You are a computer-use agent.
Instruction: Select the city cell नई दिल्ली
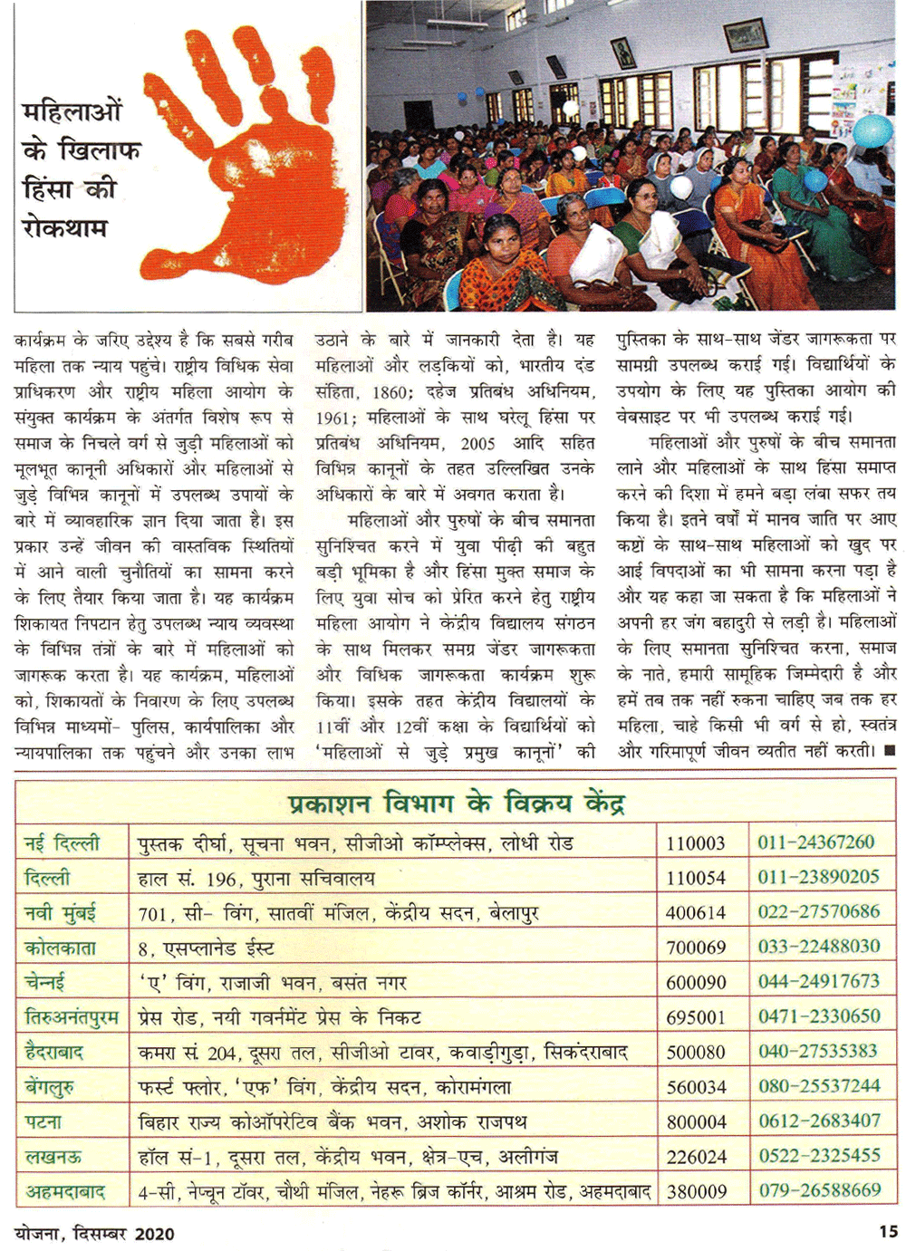pyautogui.click(x=62, y=843)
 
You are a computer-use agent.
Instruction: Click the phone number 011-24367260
pyautogui.click(x=815, y=842)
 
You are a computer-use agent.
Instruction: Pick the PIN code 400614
pyautogui.click(x=696, y=913)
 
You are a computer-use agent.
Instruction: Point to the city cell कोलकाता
pyautogui.click(x=61, y=948)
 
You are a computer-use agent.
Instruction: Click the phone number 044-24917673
pyautogui.click(x=818, y=981)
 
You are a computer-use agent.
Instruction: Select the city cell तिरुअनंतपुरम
pyautogui.click(x=72, y=1017)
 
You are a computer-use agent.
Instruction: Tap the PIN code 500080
pyautogui.click(x=696, y=1052)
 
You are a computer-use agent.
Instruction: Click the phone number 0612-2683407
pyautogui.click(x=819, y=1121)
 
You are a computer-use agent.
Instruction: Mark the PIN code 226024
pyautogui.click(x=696, y=1157)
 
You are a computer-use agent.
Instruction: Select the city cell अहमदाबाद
pyautogui.click(x=64, y=1191)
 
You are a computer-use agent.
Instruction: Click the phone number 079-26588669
pyautogui.click(x=819, y=1189)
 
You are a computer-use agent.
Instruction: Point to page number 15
pyautogui.click(x=888, y=1231)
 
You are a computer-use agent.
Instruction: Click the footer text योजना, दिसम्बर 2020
pyautogui.click(x=94, y=1233)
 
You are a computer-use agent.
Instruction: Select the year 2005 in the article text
pyautogui.click(x=477, y=443)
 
